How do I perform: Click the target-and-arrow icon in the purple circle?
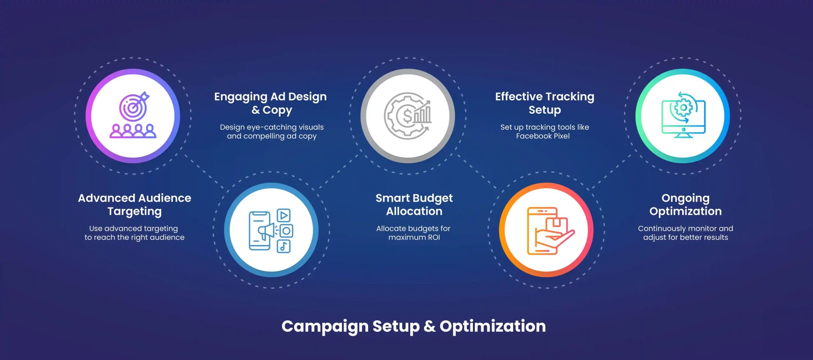pyautogui.click(x=134, y=107)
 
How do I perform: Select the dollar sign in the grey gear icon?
pyautogui.click(x=407, y=116)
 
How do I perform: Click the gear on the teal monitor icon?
pyautogui.click(x=683, y=108)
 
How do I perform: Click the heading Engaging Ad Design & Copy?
pyautogui.click(x=270, y=103)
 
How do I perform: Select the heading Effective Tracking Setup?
pyautogui.click(x=545, y=103)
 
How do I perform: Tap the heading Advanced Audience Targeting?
pyautogui.click(x=135, y=204)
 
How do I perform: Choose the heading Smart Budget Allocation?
pyautogui.click(x=414, y=204)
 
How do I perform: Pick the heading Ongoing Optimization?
pyautogui.click(x=685, y=204)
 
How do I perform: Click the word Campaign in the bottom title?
pyautogui.click(x=325, y=326)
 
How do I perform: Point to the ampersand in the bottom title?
pyautogui.click(x=429, y=326)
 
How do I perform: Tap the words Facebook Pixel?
pyautogui.click(x=543, y=136)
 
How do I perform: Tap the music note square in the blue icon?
pyautogui.click(x=284, y=246)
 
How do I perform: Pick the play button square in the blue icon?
pyautogui.click(x=284, y=215)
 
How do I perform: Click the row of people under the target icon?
pyautogui.click(x=133, y=131)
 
